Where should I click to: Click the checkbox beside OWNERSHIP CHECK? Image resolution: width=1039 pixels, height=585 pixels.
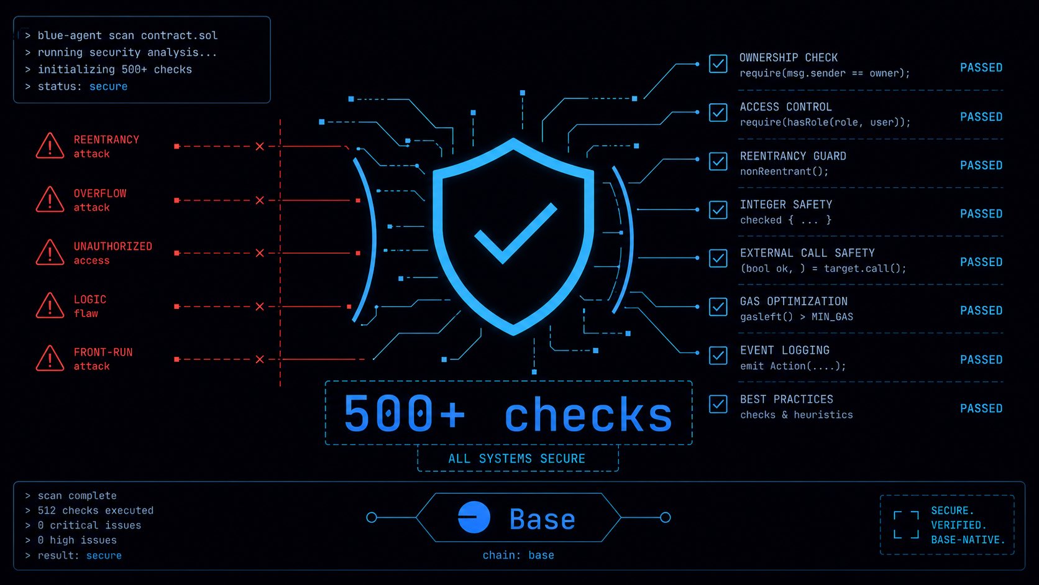pos(718,64)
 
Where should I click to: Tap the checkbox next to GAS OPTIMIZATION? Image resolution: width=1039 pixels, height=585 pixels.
pos(718,306)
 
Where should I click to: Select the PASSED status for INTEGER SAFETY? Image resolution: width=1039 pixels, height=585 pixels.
pos(981,214)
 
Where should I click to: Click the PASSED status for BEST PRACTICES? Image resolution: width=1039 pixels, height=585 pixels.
pos(981,408)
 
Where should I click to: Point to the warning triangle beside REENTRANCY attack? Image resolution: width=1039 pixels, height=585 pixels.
pos(50,146)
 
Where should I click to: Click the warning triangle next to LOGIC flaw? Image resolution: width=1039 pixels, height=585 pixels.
pos(50,306)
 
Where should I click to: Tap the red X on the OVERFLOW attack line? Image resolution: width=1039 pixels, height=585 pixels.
pos(260,200)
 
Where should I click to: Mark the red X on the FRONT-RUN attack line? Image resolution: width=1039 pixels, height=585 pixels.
pos(260,359)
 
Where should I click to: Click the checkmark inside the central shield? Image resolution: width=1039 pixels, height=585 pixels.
pos(515,233)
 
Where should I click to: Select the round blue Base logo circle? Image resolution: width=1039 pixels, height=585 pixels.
pos(474,517)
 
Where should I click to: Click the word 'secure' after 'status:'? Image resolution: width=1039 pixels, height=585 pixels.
pos(109,86)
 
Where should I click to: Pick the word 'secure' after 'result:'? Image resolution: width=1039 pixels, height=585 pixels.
pos(104,555)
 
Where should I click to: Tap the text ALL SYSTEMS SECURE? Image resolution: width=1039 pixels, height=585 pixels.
pos(517,459)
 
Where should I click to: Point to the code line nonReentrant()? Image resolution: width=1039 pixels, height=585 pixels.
pos(784,172)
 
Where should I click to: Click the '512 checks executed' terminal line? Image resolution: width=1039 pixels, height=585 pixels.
pos(96,510)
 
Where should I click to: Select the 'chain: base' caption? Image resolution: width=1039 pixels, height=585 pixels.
pos(518,555)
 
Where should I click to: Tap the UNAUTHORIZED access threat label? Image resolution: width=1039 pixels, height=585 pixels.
pos(112,253)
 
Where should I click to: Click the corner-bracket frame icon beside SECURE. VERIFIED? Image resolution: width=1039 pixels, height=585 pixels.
pos(907,525)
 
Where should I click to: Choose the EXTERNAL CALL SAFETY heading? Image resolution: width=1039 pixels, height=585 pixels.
pos(807,253)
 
